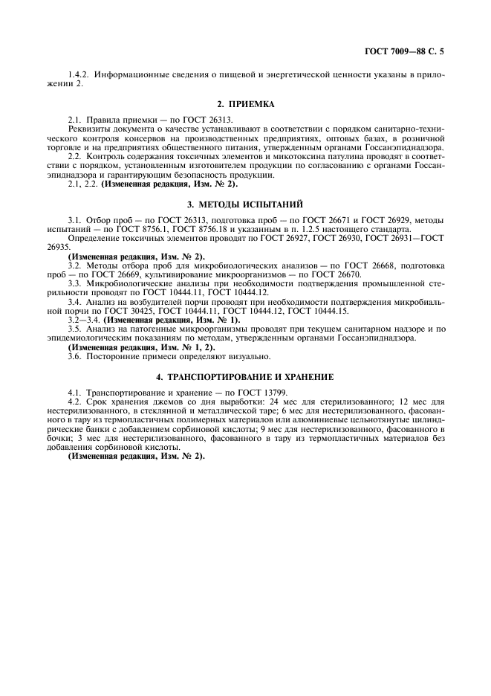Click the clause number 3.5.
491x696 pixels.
[x=74, y=329]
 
